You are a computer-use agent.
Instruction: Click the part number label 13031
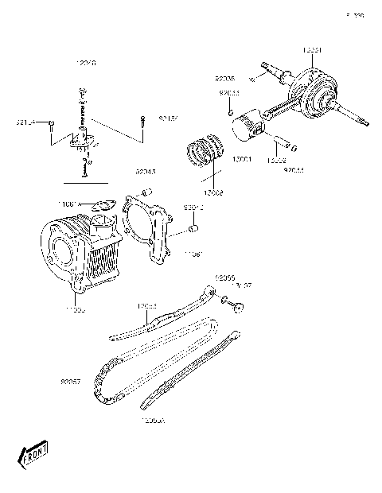[312, 50]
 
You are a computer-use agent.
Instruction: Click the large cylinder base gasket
[149, 227]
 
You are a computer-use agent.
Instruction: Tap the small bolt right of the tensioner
[142, 121]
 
